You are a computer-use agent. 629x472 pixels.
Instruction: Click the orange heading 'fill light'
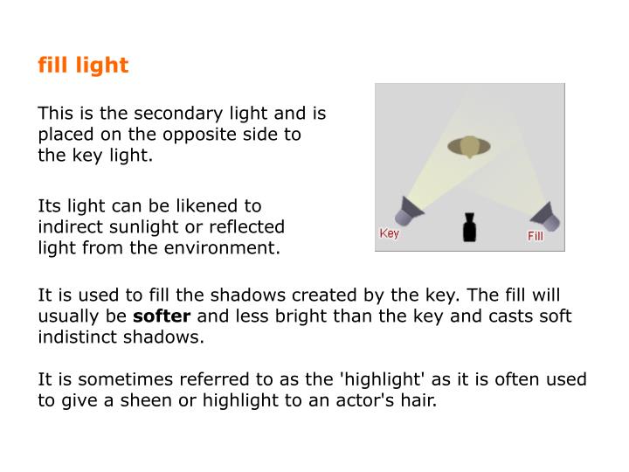click(x=83, y=66)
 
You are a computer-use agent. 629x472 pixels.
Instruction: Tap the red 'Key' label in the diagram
click(x=389, y=233)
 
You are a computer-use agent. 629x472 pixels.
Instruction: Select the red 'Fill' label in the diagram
click(x=535, y=237)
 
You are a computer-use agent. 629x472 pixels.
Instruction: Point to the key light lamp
click(x=409, y=211)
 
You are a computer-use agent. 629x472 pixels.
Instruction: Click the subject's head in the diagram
click(x=470, y=146)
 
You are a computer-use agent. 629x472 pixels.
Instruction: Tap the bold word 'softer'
click(x=161, y=316)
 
